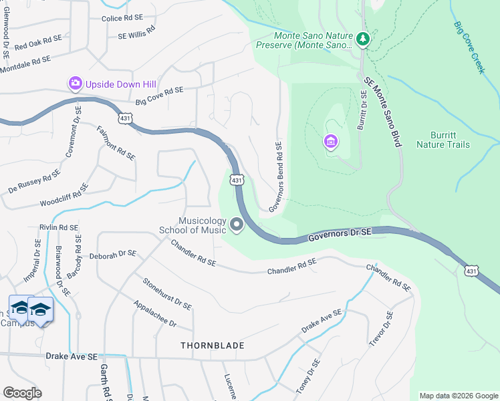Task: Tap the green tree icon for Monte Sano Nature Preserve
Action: (x=363, y=39)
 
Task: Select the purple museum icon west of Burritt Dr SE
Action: (x=330, y=142)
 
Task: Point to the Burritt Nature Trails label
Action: (x=443, y=139)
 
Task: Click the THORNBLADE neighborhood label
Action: (x=213, y=346)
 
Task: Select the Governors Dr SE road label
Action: (x=340, y=235)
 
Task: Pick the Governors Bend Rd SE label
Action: (x=275, y=176)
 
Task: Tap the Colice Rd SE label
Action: (x=122, y=19)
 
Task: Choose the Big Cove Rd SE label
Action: (x=159, y=95)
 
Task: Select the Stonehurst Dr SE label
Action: (x=167, y=293)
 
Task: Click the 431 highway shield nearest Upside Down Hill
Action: (x=125, y=118)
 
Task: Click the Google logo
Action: (x=22, y=393)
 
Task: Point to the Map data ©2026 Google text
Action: (x=458, y=396)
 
